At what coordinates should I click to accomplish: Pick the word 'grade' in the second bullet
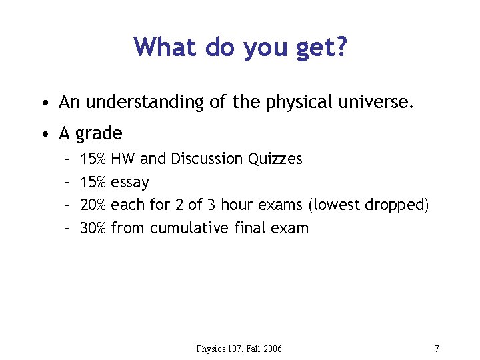(99, 134)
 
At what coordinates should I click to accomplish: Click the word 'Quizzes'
(275, 159)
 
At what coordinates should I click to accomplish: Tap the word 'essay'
(130, 183)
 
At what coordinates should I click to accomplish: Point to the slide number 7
(436, 349)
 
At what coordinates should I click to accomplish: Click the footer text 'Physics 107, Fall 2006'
(239, 349)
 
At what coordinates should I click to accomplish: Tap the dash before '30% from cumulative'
(67, 228)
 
